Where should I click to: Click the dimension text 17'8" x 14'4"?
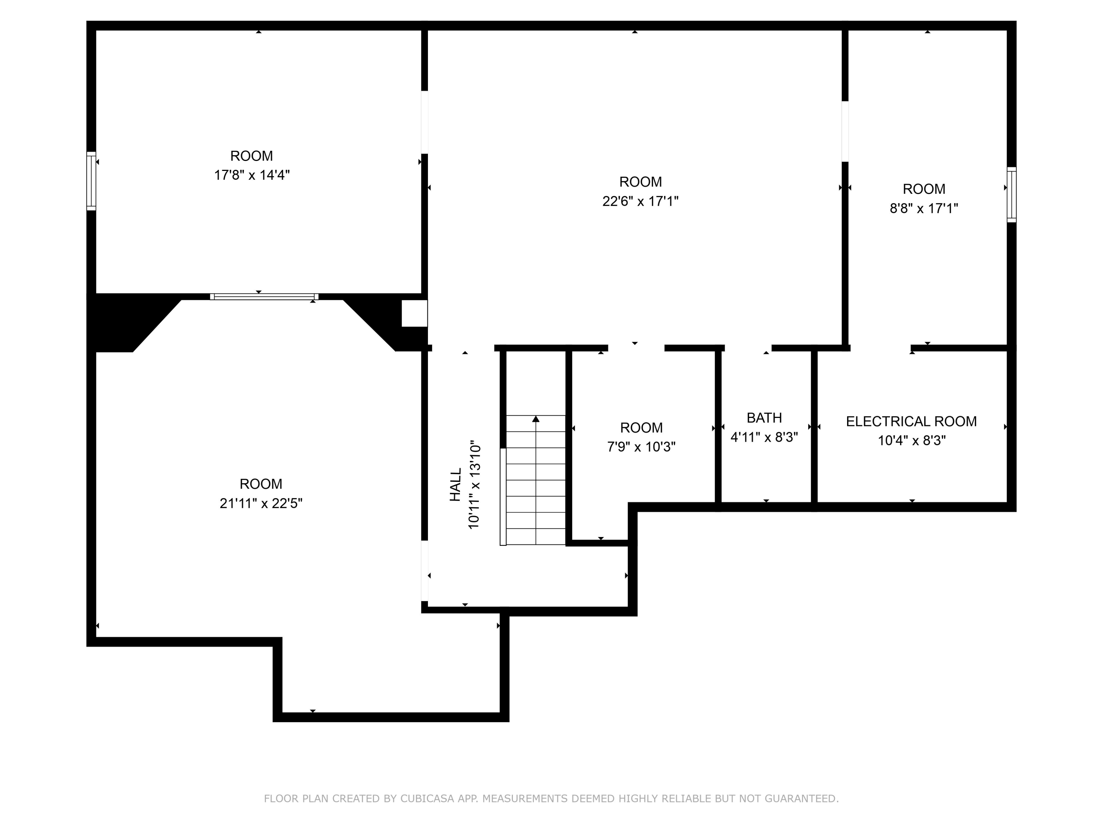point(252,175)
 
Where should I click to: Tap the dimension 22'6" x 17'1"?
point(640,201)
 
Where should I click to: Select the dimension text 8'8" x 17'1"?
point(924,208)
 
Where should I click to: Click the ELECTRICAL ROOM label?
point(911,422)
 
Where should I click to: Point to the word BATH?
point(764,418)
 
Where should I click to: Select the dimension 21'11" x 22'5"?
point(261,504)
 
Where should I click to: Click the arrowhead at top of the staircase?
point(536,419)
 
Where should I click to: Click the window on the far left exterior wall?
point(91,181)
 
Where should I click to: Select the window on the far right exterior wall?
point(1011,194)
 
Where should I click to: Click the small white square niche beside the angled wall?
point(414,314)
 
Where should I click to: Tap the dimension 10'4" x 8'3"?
point(911,441)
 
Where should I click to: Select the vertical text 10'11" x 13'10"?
point(474,484)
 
